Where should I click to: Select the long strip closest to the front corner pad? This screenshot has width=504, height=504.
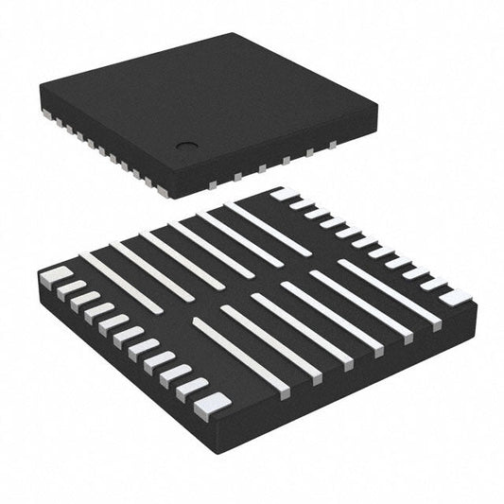tap(240, 356)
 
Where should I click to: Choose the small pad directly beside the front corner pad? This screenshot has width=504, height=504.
tap(193, 388)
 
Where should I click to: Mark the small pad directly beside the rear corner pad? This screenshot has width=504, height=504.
tap(299, 203)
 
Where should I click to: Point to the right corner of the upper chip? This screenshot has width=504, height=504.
tap(375, 124)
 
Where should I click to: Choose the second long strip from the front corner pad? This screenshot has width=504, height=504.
tap(269, 340)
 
